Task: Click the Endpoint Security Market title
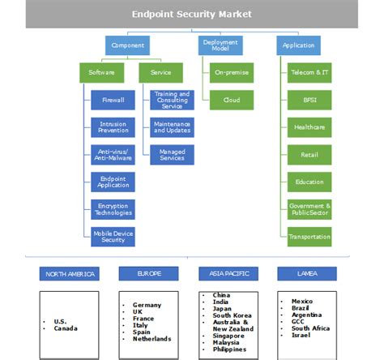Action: [x=192, y=14]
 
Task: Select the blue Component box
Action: [x=127, y=45]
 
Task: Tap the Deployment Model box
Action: [x=215, y=45]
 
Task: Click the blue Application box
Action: [x=298, y=45]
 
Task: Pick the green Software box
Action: [x=102, y=73]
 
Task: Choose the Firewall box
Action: [x=113, y=101]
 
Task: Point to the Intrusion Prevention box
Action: [x=113, y=126]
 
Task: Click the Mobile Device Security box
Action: [x=113, y=236]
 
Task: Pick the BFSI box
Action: [x=309, y=101]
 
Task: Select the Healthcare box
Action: [x=309, y=127]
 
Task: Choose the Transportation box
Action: [x=309, y=237]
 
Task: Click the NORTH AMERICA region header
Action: [x=69, y=273]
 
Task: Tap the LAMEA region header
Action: [x=307, y=273]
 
